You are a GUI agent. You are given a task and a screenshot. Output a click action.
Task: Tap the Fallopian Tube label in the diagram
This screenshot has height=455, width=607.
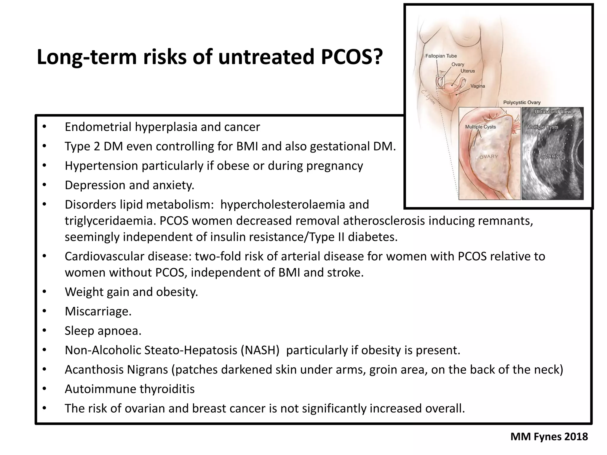coord(441,56)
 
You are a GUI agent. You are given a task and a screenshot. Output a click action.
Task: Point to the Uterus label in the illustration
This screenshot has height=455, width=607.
coord(468,71)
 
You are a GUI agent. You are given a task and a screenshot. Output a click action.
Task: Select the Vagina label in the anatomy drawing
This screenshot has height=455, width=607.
coord(478,86)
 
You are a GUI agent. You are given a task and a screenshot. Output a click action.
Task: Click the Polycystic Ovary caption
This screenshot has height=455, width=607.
coord(522,102)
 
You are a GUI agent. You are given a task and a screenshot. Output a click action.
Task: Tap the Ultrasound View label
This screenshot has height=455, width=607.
coord(552,112)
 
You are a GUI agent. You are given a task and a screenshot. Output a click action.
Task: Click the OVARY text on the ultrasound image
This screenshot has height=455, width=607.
coord(550,157)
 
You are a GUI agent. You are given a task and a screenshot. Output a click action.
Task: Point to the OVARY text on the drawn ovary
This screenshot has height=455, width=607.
coord(489,157)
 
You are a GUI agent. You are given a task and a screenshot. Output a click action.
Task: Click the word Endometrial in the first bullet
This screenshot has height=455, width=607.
coord(98,127)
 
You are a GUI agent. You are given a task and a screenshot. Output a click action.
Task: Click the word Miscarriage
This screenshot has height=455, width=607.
coord(98,311)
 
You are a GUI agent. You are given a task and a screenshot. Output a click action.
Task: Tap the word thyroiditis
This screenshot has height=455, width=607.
coord(167,389)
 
